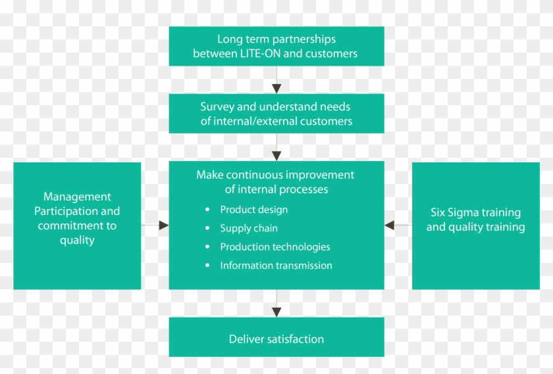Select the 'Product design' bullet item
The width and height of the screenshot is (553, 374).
(253, 210)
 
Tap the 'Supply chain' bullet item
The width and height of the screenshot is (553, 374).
(249, 229)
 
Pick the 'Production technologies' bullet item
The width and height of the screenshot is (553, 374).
(275, 247)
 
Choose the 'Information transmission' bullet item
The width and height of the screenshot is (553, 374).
(276, 266)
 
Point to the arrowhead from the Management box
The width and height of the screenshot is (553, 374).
(164, 225)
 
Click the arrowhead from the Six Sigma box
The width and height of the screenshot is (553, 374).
(390, 225)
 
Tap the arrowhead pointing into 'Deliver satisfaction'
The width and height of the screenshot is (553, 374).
(276, 312)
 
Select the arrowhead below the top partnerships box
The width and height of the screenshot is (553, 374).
(276, 88)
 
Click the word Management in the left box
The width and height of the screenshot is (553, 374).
(77, 197)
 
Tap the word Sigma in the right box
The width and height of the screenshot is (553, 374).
(469, 212)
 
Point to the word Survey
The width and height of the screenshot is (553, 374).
(217, 106)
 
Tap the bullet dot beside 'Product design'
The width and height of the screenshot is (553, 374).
(207, 210)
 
